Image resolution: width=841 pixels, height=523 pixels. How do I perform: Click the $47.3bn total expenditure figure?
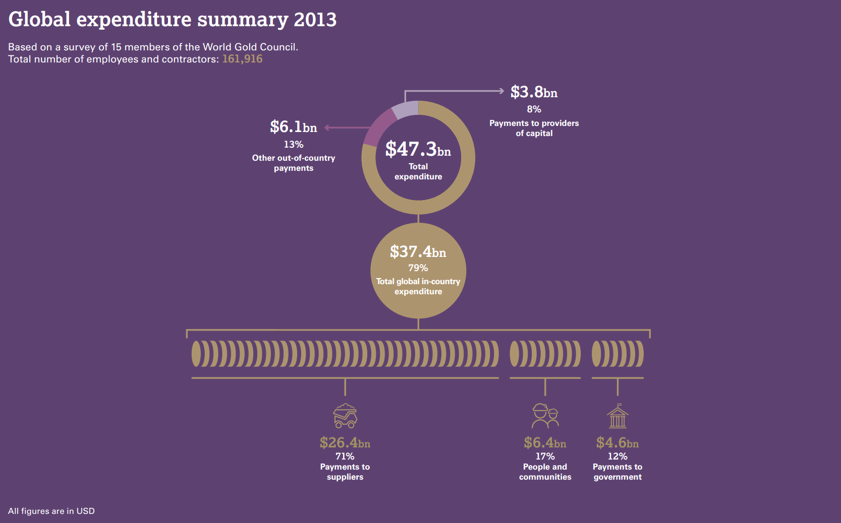pos(418,150)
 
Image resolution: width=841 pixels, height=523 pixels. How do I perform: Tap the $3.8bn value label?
pos(534,92)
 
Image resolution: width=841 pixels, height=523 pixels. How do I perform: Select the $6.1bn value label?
pos(293,127)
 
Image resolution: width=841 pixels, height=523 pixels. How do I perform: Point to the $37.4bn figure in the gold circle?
pos(418,251)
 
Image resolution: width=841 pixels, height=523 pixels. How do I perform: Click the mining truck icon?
pos(345,416)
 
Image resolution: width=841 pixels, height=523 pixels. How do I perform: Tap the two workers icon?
pos(545,416)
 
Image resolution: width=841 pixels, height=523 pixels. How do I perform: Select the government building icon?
pos(618,416)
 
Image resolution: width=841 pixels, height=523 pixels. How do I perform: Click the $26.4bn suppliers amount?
pos(345,443)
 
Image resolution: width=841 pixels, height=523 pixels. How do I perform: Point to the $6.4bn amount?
pos(545,443)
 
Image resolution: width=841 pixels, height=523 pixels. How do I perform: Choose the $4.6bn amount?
pos(618,443)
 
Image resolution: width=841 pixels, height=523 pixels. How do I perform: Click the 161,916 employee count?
pos(242,59)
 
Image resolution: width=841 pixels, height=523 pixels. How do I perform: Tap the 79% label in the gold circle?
pos(418,268)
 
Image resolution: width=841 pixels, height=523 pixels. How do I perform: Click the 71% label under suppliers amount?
pos(345,456)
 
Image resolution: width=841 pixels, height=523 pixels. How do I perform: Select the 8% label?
pos(534,109)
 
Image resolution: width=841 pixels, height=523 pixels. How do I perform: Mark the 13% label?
pos(293,145)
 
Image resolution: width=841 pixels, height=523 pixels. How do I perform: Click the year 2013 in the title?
pos(315,20)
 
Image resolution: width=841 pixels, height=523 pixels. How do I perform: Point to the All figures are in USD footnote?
pos(51,511)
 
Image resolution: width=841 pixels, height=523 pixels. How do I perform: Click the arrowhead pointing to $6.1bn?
pos(327,127)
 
